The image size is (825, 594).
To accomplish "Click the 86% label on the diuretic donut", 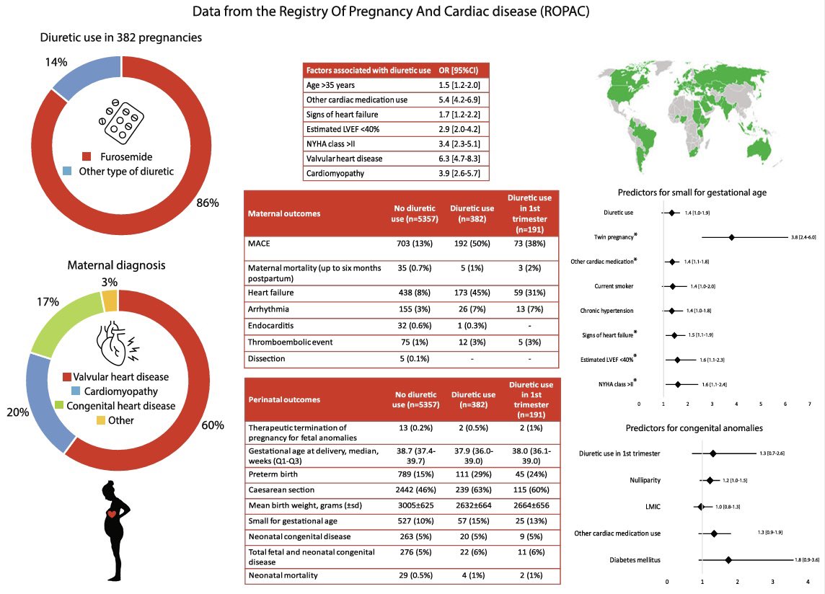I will pyautogui.click(x=208, y=203).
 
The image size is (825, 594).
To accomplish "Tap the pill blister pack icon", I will pyautogui.click(x=121, y=122).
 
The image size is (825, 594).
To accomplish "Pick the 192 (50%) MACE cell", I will pyautogui.click(x=472, y=244).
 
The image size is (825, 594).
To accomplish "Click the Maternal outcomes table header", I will pyautogui.click(x=284, y=214).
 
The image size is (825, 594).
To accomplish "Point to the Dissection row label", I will pyautogui.click(x=267, y=358).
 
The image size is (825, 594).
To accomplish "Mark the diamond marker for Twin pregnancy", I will pyautogui.click(x=732, y=237).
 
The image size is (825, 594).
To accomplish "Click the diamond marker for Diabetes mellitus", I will pyautogui.click(x=728, y=559).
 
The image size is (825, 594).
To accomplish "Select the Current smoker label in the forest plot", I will pyautogui.click(x=614, y=286).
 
